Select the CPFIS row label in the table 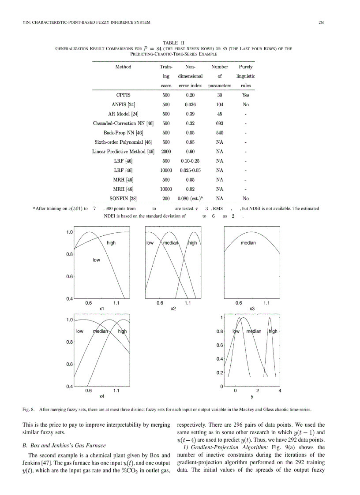click(x=123, y=95)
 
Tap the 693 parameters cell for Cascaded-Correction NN click(x=219, y=123)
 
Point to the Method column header click(x=123, y=67)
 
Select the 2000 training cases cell click(x=166, y=152)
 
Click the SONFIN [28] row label click(x=123, y=198)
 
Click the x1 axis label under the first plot click(x=101, y=309)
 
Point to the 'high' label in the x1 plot click(x=111, y=243)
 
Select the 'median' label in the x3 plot click(x=248, y=243)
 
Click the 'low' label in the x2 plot click(x=150, y=243)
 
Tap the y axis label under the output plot click(x=252, y=396)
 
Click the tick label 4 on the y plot click(x=280, y=391)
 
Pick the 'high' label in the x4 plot click(x=122, y=331)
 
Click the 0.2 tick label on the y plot click(x=219, y=373)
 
